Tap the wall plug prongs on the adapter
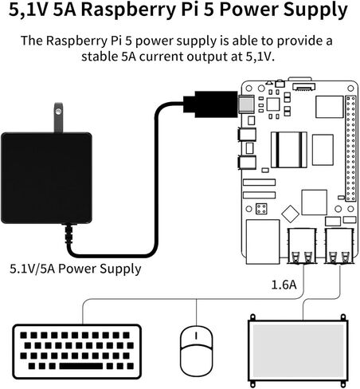tap(57, 117)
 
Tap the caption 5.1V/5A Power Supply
tap(76, 269)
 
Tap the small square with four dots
tap(260, 207)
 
